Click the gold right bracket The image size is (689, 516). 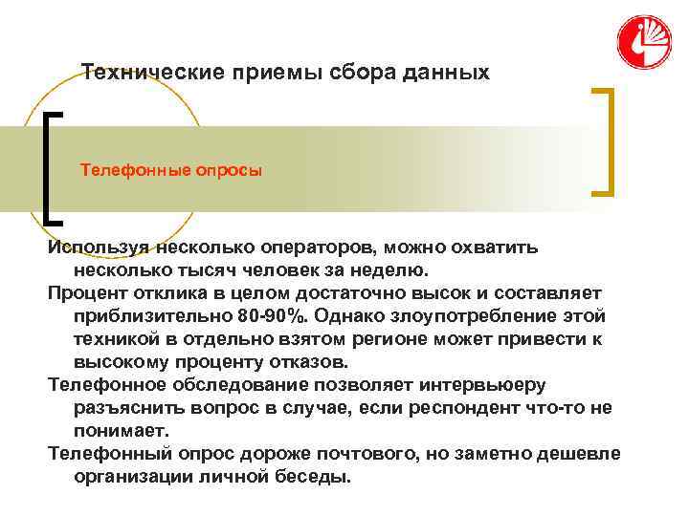(x=604, y=141)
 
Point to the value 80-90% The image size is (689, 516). (x=268, y=316)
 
